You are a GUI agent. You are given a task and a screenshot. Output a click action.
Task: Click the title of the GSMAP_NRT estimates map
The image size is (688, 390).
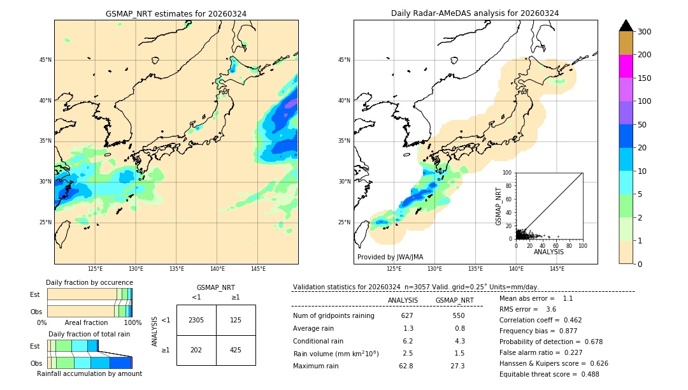(x=176, y=13)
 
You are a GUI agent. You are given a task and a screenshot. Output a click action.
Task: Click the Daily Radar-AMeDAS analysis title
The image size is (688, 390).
(x=475, y=13)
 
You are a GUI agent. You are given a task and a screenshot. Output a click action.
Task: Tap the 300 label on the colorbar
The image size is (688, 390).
(x=644, y=32)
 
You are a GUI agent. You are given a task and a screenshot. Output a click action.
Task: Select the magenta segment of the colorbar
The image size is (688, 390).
(x=626, y=66)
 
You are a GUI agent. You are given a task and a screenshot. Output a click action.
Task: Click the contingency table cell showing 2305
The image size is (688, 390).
(x=196, y=320)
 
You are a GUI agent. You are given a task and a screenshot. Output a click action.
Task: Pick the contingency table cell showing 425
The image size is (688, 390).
(x=236, y=350)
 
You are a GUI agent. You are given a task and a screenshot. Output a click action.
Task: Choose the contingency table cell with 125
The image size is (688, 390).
(x=236, y=320)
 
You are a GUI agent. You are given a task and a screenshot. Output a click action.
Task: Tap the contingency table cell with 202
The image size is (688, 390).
(x=196, y=350)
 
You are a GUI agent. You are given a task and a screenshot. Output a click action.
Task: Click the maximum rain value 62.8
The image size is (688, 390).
(x=406, y=366)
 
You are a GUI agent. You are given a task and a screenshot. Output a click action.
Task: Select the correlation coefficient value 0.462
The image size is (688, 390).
(x=568, y=320)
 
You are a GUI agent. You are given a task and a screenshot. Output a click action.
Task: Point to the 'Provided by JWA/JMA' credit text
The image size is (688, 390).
(x=390, y=257)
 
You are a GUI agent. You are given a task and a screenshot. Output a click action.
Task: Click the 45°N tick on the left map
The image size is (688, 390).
(x=45, y=60)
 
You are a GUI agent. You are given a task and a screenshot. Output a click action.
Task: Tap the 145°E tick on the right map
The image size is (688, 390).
(x=557, y=269)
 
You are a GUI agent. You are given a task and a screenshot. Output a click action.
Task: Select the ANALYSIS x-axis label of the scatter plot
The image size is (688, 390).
(x=548, y=252)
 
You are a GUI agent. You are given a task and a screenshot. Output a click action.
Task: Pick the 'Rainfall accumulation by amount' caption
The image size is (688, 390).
(x=90, y=374)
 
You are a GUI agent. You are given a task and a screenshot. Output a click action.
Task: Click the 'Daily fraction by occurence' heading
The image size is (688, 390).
(x=89, y=282)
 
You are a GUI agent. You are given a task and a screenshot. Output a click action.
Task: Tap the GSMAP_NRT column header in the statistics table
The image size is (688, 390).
(x=454, y=300)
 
